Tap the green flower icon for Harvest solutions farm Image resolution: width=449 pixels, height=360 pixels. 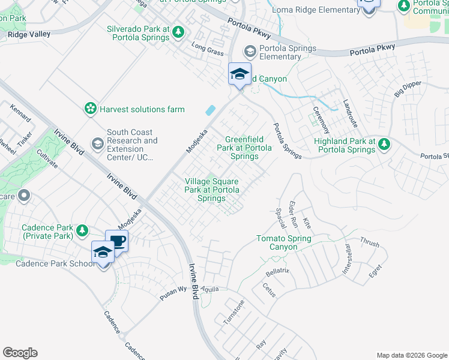[90, 109]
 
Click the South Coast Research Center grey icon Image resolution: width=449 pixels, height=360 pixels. [97, 145]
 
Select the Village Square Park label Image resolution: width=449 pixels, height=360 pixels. [211, 190]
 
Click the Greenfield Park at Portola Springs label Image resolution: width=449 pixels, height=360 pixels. [244, 148]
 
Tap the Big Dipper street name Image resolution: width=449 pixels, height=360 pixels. [408, 91]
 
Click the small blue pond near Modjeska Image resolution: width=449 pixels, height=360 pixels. [210, 110]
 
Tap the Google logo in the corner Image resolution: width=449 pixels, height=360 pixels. [20, 353]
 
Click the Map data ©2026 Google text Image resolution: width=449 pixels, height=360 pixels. [411, 355]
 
